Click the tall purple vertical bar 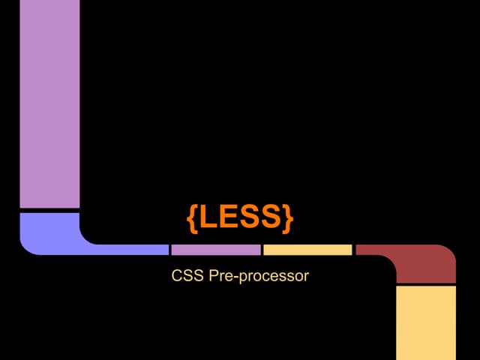click(x=49, y=103)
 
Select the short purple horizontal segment click(x=216, y=250)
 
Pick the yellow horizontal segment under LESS click(x=307, y=250)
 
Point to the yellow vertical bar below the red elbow click(x=426, y=323)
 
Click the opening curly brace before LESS click(x=193, y=218)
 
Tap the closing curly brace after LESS click(x=288, y=218)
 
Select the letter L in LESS click(x=209, y=217)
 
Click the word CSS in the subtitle click(x=187, y=275)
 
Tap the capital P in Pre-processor click(x=213, y=275)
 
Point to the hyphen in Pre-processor click(x=235, y=277)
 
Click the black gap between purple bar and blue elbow click(x=49, y=211)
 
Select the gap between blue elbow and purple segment click(x=170, y=250)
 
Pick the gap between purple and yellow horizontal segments click(x=262, y=250)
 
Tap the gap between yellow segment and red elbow click(x=354, y=250)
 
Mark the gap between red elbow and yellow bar click(x=426, y=285)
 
